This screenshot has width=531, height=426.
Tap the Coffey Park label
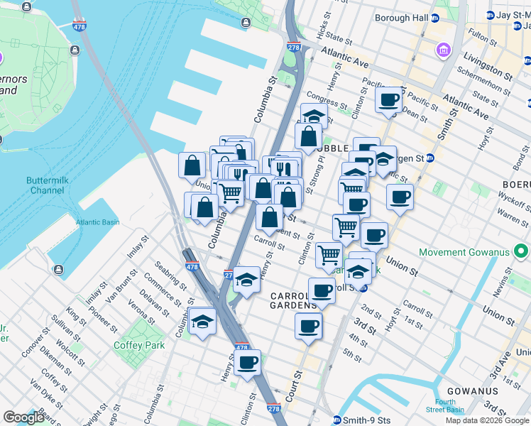139,345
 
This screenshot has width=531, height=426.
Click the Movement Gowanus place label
473,252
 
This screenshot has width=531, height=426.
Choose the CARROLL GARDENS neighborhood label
293,300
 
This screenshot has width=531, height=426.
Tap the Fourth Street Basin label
445,405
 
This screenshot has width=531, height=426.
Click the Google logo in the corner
23,417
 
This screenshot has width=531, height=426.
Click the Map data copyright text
487,420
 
